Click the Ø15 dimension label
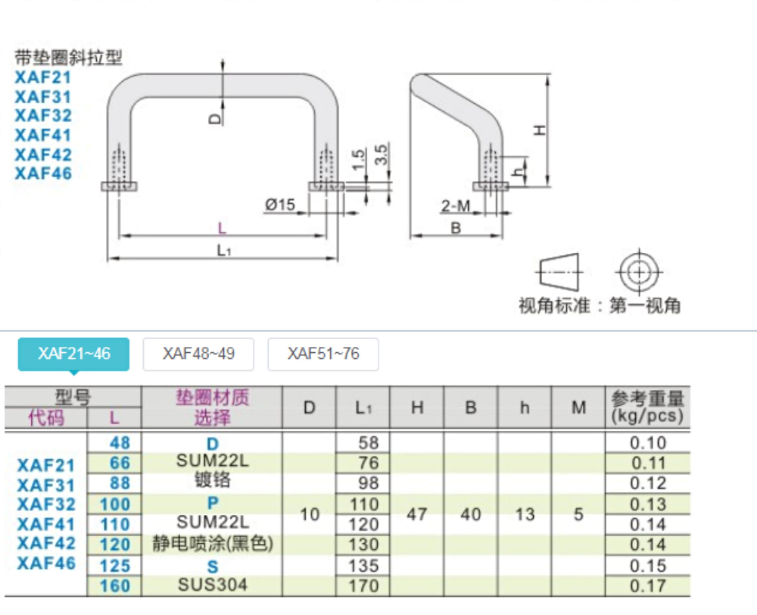click(x=280, y=205)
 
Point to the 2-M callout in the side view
click(x=455, y=206)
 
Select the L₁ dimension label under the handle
click(x=223, y=250)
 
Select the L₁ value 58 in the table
click(x=368, y=443)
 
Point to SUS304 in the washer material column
click(x=213, y=585)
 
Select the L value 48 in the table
click(x=120, y=443)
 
